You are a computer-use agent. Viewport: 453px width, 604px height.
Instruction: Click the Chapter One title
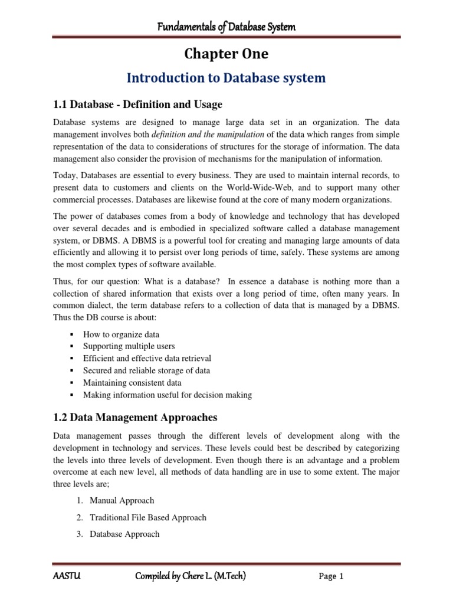226,54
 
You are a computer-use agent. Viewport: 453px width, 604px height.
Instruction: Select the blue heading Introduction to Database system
226,78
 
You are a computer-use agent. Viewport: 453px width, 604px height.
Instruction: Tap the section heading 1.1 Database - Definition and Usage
137,104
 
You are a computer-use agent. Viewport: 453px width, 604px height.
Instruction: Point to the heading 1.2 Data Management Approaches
135,418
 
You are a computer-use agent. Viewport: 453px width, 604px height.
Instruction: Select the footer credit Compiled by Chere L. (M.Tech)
189,576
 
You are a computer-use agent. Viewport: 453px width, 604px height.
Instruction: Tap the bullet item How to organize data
121,334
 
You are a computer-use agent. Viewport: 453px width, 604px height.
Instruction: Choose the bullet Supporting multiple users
129,346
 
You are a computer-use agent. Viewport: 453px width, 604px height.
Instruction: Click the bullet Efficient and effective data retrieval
147,358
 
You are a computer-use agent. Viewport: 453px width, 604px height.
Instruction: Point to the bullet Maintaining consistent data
132,383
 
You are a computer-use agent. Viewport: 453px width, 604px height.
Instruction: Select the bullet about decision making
167,395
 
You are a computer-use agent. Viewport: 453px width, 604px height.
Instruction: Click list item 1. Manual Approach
122,500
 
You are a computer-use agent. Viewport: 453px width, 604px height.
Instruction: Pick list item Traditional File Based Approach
147,517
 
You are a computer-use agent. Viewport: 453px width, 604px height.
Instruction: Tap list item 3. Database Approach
124,534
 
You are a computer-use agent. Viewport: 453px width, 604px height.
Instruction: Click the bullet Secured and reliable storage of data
146,370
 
